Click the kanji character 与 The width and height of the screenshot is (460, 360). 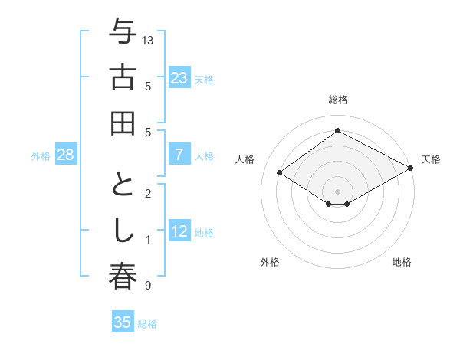[x=123, y=33]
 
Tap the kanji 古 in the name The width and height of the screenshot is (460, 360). [x=123, y=78]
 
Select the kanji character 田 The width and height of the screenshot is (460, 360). [x=123, y=123]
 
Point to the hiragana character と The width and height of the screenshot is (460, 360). [x=123, y=188]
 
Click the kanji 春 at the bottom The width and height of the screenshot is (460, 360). [x=123, y=277]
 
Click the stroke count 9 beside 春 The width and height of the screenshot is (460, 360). [x=147, y=286]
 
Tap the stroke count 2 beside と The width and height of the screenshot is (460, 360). [x=147, y=194]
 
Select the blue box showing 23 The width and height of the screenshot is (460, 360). [x=179, y=77]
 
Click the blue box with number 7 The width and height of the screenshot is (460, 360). [x=179, y=155]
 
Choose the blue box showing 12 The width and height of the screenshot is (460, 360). [x=179, y=231]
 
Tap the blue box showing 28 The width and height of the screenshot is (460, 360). [x=66, y=155]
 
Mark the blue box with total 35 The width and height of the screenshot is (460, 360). [x=123, y=322]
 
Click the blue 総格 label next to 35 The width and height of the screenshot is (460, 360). [x=147, y=324]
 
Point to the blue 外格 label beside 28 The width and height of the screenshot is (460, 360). [x=41, y=156]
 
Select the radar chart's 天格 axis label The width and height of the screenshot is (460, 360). [x=431, y=159]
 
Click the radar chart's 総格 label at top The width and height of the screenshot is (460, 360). [x=337, y=100]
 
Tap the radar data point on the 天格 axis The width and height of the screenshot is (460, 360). [x=411, y=168]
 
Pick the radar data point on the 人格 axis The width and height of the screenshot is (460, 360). [x=280, y=173]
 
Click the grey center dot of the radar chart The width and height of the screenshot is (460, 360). [x=337, y=191]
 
